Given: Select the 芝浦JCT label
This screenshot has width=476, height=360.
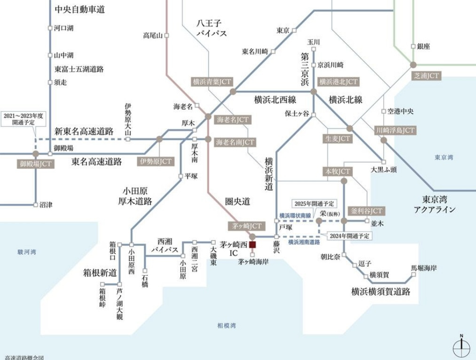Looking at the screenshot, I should pos(426,75).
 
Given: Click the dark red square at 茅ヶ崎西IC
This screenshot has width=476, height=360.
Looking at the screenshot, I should pos(252,244).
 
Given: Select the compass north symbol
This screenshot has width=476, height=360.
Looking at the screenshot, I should pos(461,347).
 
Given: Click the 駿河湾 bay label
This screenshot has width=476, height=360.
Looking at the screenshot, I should pos(27,252).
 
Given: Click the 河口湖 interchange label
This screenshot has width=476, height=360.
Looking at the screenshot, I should pos(63,28).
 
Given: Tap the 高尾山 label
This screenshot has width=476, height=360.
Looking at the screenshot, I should pos(153,35).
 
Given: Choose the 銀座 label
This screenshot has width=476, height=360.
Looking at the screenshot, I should pos(423,47).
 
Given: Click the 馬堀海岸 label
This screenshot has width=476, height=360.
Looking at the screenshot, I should pos(424,268).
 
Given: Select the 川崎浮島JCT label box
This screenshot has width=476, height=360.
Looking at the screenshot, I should pos(395,130).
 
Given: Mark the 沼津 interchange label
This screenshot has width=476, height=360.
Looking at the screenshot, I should pos(46,205).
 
